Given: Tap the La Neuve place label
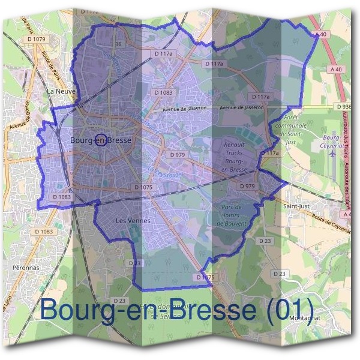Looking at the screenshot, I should coord(61,91).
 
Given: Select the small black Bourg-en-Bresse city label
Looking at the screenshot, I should coord(100,140).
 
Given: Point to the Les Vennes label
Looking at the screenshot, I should coord(131,221).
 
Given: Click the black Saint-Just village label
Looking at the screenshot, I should coord(295,205).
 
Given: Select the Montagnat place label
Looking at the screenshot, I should coord(305,317).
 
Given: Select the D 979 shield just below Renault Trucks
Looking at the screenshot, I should coord(248,187).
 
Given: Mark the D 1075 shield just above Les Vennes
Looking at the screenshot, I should coord(144,188).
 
